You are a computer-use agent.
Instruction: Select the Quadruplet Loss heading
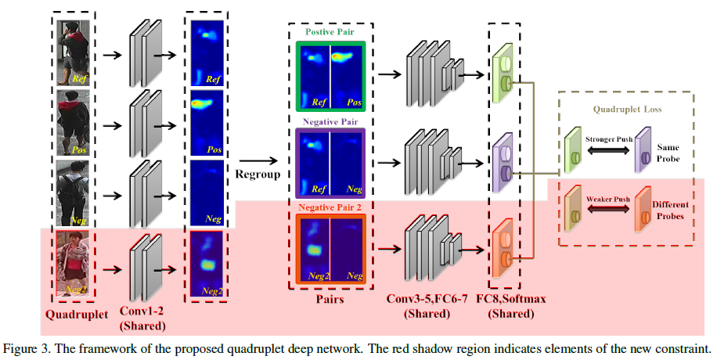pos(625,110)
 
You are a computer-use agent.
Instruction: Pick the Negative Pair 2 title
pos(330,208)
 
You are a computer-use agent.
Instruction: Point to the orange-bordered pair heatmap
pos(330,250)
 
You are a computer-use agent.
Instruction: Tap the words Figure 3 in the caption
pos(24,347)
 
